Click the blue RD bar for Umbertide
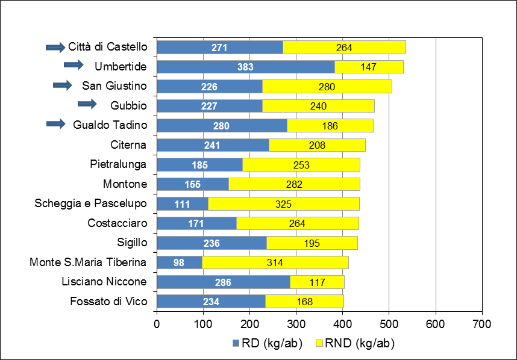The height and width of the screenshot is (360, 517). tap(246, 67)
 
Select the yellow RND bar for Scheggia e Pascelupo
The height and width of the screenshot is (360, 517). tap(284, 204)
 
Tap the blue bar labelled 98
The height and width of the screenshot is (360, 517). tap(180, 262)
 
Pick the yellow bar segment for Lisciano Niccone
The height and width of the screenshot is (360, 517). tap(317, 282)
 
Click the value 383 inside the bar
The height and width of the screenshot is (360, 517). tap(245, 67)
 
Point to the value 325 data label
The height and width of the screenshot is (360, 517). tap(283, 204)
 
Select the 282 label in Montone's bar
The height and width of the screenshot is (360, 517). tap(294, 184)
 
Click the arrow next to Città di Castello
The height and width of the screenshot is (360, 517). tap(55, 48)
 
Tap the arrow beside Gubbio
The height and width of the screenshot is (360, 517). tap(87, 104)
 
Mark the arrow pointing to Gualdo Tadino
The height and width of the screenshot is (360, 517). tap(56, 124)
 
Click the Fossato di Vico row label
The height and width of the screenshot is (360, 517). tap(108, 302)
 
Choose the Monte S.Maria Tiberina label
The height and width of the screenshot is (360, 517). tap(88, 262)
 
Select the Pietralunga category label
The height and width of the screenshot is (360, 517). tap(118, 164)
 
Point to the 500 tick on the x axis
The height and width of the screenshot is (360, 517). tap(389, 324)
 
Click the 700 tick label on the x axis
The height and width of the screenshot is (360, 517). tap(481, 324)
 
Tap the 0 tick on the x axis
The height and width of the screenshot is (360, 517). tap(157, 324)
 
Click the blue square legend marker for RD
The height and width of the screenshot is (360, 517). tap(236, 343)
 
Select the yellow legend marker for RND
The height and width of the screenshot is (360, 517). tap(319, 343)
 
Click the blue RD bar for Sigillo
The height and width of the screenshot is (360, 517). tap(212, 243)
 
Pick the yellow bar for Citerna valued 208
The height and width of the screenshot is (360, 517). tap(317, 145)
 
